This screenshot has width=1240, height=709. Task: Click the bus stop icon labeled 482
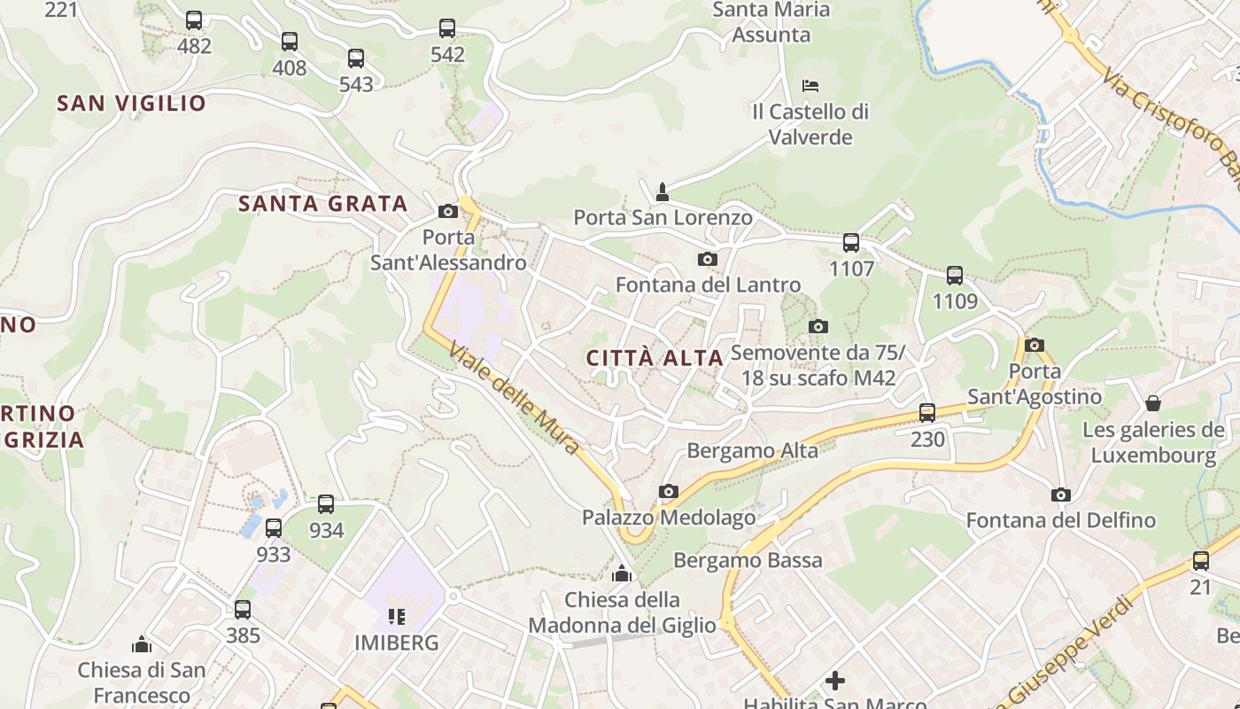point(194,19)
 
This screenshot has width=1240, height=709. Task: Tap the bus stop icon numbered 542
point(447,28)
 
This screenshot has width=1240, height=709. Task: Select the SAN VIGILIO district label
point(131,103)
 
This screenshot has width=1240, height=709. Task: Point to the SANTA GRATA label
point(322,204)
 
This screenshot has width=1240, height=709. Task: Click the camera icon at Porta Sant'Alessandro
point(447,211)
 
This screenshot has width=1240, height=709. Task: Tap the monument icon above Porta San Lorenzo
point(662,191)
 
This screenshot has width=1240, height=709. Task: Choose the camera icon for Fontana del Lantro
point(707,259)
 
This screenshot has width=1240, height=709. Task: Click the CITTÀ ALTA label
point(655,358)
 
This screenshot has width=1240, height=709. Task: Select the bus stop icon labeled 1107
point(851,242)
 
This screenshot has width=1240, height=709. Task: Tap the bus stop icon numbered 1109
point(955,275)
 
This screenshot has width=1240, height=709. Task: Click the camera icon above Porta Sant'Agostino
point(1034,345)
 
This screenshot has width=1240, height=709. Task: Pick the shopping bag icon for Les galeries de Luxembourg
point(1153,404)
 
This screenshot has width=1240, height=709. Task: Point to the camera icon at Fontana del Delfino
point(1060,495)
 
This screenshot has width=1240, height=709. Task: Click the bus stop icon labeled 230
point(927,412)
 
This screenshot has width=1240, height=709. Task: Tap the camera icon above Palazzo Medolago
point(669,491)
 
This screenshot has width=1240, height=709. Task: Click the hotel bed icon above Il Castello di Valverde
point(810,86)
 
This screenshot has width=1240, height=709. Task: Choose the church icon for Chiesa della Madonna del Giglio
point(622,574)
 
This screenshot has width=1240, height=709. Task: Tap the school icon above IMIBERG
point(396,616)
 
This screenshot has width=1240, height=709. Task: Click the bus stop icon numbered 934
point(326,504)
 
